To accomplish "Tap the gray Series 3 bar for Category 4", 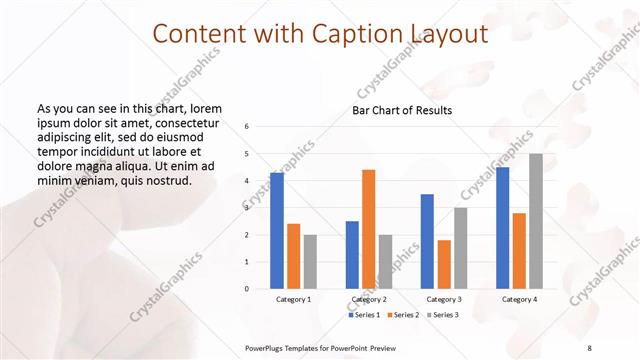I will click(x=535, y=221).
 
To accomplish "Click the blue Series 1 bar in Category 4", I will click(x=502, y=228).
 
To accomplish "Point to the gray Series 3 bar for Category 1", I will click(x=310, y=262).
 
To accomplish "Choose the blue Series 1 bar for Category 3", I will click(x=427, y=241).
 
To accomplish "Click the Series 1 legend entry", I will click(x=365, y=315).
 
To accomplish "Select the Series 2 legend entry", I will click(x=402, y=315).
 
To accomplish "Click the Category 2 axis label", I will click(x=368, y=299).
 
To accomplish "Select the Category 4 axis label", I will click(x=518, y=299).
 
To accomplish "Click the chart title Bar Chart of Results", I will click(x=402, y=110).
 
